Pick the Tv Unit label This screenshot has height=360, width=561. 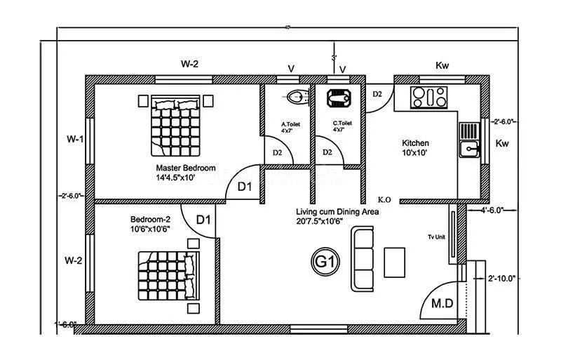[436, 236]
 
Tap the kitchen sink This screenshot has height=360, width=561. [468, 148]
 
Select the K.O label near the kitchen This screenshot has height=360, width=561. [384, 199]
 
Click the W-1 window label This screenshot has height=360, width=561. [74, 139]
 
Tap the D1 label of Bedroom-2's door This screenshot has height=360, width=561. [203, 220]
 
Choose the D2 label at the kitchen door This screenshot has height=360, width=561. [377, 93]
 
